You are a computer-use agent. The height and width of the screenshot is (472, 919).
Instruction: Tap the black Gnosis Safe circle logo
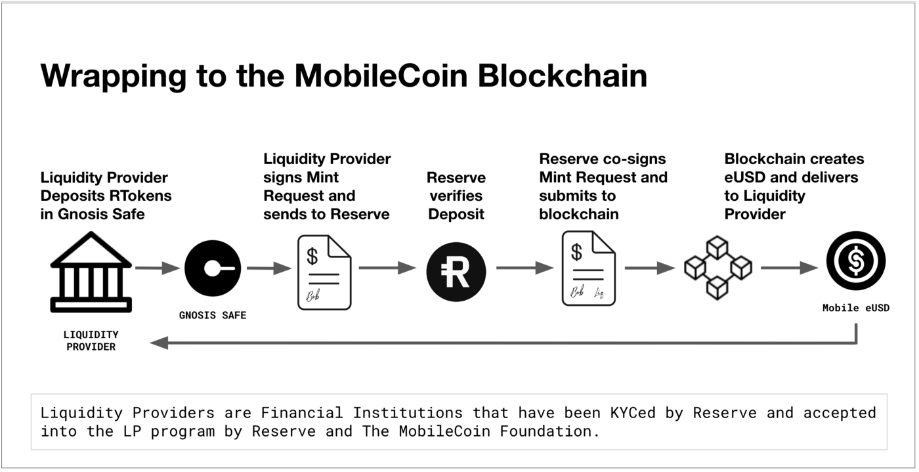tap(212, 268)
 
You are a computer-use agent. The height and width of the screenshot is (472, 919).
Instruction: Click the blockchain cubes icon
tap(717, 268)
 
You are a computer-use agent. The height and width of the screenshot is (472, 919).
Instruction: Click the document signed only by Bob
tap(324, 272)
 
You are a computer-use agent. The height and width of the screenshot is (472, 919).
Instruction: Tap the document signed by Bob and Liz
tap(588, 268)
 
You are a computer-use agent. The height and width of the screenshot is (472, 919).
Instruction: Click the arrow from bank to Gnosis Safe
tap(157, 268)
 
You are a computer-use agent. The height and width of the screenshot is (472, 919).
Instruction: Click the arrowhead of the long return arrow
tap(160, 343)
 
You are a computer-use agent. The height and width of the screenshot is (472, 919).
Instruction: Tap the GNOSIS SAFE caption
tap(213, 316)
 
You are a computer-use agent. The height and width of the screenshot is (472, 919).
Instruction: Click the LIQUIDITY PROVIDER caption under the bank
tap(91, 341)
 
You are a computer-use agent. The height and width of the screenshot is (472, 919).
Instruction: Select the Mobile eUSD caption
tap(855, 308)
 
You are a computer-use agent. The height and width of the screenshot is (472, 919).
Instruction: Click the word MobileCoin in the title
tap(381, 76)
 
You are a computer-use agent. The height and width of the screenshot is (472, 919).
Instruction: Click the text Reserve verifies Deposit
tap(456, 196)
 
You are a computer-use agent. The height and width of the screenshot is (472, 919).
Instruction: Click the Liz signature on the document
tap(599, 291)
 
